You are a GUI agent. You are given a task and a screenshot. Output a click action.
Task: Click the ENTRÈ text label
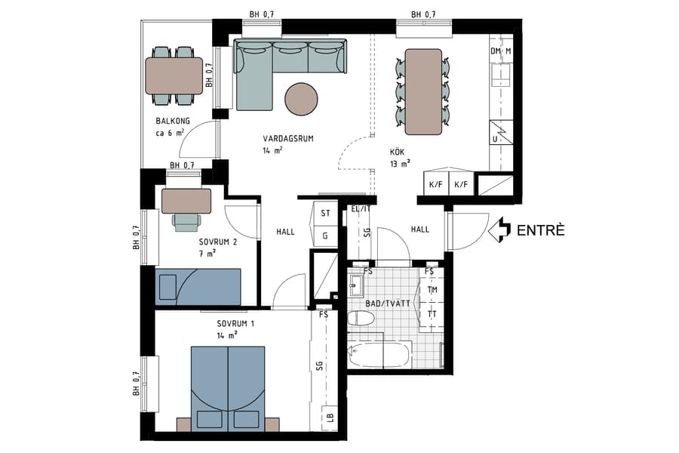pyautogui.click(x=540, y=230)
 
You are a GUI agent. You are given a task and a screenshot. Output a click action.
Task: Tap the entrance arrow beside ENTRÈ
pyautogui.click(x=499, y=230)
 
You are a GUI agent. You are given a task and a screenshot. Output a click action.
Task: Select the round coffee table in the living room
pyautogui.click(x=301, y=98)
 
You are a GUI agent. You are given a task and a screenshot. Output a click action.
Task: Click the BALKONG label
pyautogui.click(x=173, y=122)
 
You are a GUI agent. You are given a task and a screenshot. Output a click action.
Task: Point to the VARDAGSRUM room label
pyautogui.click(x=287, y=139)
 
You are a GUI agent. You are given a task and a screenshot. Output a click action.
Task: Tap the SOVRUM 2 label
pyautogui.click(x=218, y=242)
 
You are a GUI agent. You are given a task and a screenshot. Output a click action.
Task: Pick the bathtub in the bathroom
pyautogui.click(x=381, y=354)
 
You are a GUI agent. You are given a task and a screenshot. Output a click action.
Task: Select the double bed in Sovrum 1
pyautogui.click(x=228, y=388)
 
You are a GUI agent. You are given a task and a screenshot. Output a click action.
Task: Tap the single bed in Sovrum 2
pyautogui.click(x=198, y=287)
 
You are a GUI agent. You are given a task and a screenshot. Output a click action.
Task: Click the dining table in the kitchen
pyautogui.click(x=423, y=91)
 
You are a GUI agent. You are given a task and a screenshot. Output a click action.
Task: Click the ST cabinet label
pyautogui.click(x=326, y=214)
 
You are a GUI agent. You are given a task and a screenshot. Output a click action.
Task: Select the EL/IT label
pyautogui.click(x=361, y=209)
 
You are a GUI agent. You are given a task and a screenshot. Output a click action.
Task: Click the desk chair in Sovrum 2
pyautogui.click(x=186, y=220)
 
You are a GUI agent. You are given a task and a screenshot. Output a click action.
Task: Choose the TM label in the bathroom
pyautogui.click(x=432, y=290)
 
